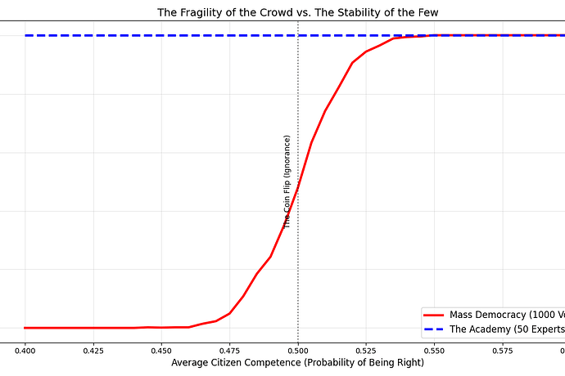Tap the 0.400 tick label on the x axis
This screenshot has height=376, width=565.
point(25,351)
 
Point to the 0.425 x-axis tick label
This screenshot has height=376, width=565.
point(93,351)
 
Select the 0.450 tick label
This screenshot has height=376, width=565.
point(161,351)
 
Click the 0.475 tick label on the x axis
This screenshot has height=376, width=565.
point(229,351)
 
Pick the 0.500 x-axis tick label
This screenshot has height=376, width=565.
point(298,351)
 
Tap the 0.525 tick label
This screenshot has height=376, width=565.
point(366,351)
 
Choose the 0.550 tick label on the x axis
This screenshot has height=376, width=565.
point(434,351)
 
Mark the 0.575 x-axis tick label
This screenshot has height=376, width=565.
point(503,351)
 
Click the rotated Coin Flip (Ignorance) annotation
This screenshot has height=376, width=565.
point(287,181)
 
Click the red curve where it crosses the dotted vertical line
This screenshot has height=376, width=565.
point(298,186)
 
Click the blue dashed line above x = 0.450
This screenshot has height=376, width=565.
point(161,35)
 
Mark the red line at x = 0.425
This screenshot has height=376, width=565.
point(93,328)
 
